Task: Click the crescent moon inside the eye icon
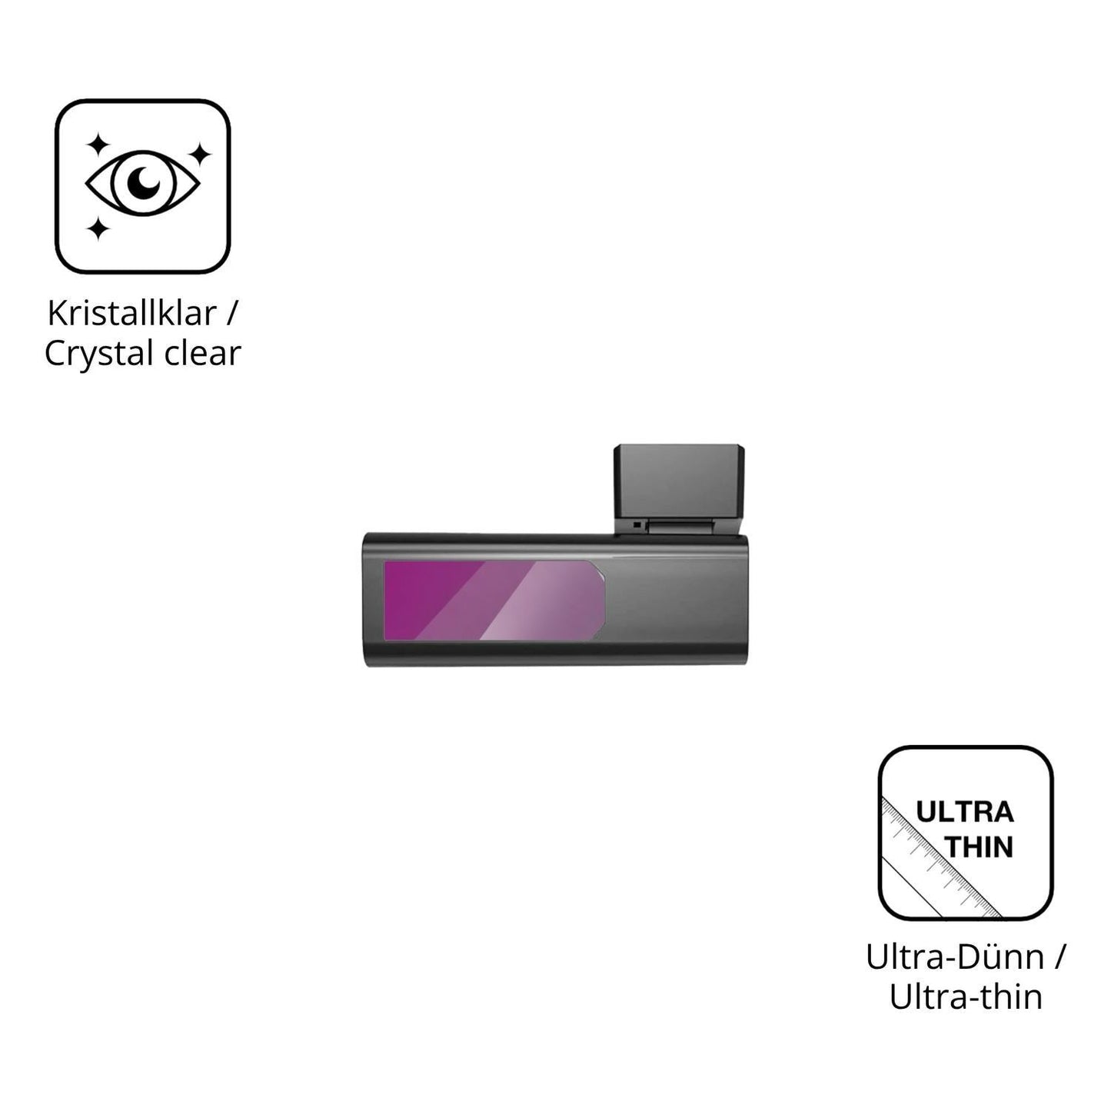[x=143, y=181]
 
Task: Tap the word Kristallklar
[x=131, y=314]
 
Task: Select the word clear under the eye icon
[x=202, y=353]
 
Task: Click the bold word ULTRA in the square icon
[x=965, y=813]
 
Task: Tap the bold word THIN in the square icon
[x=980, y=847]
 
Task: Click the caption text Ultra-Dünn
[x=955, y=958]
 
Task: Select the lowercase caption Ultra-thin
[x=966, y=998]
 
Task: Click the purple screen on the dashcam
[x=494, y=600]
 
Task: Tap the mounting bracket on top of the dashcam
[x=680, y=490]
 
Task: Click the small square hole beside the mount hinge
[x=637, y=525]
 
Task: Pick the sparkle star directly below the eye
[x=98, y=228]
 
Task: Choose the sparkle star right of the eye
[x=199, y=154]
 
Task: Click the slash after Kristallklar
[x=231, y=314]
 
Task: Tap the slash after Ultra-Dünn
[x=1059, y=958]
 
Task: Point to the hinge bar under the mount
[x=679, y=527]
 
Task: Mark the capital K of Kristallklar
[x=56, y=314]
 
